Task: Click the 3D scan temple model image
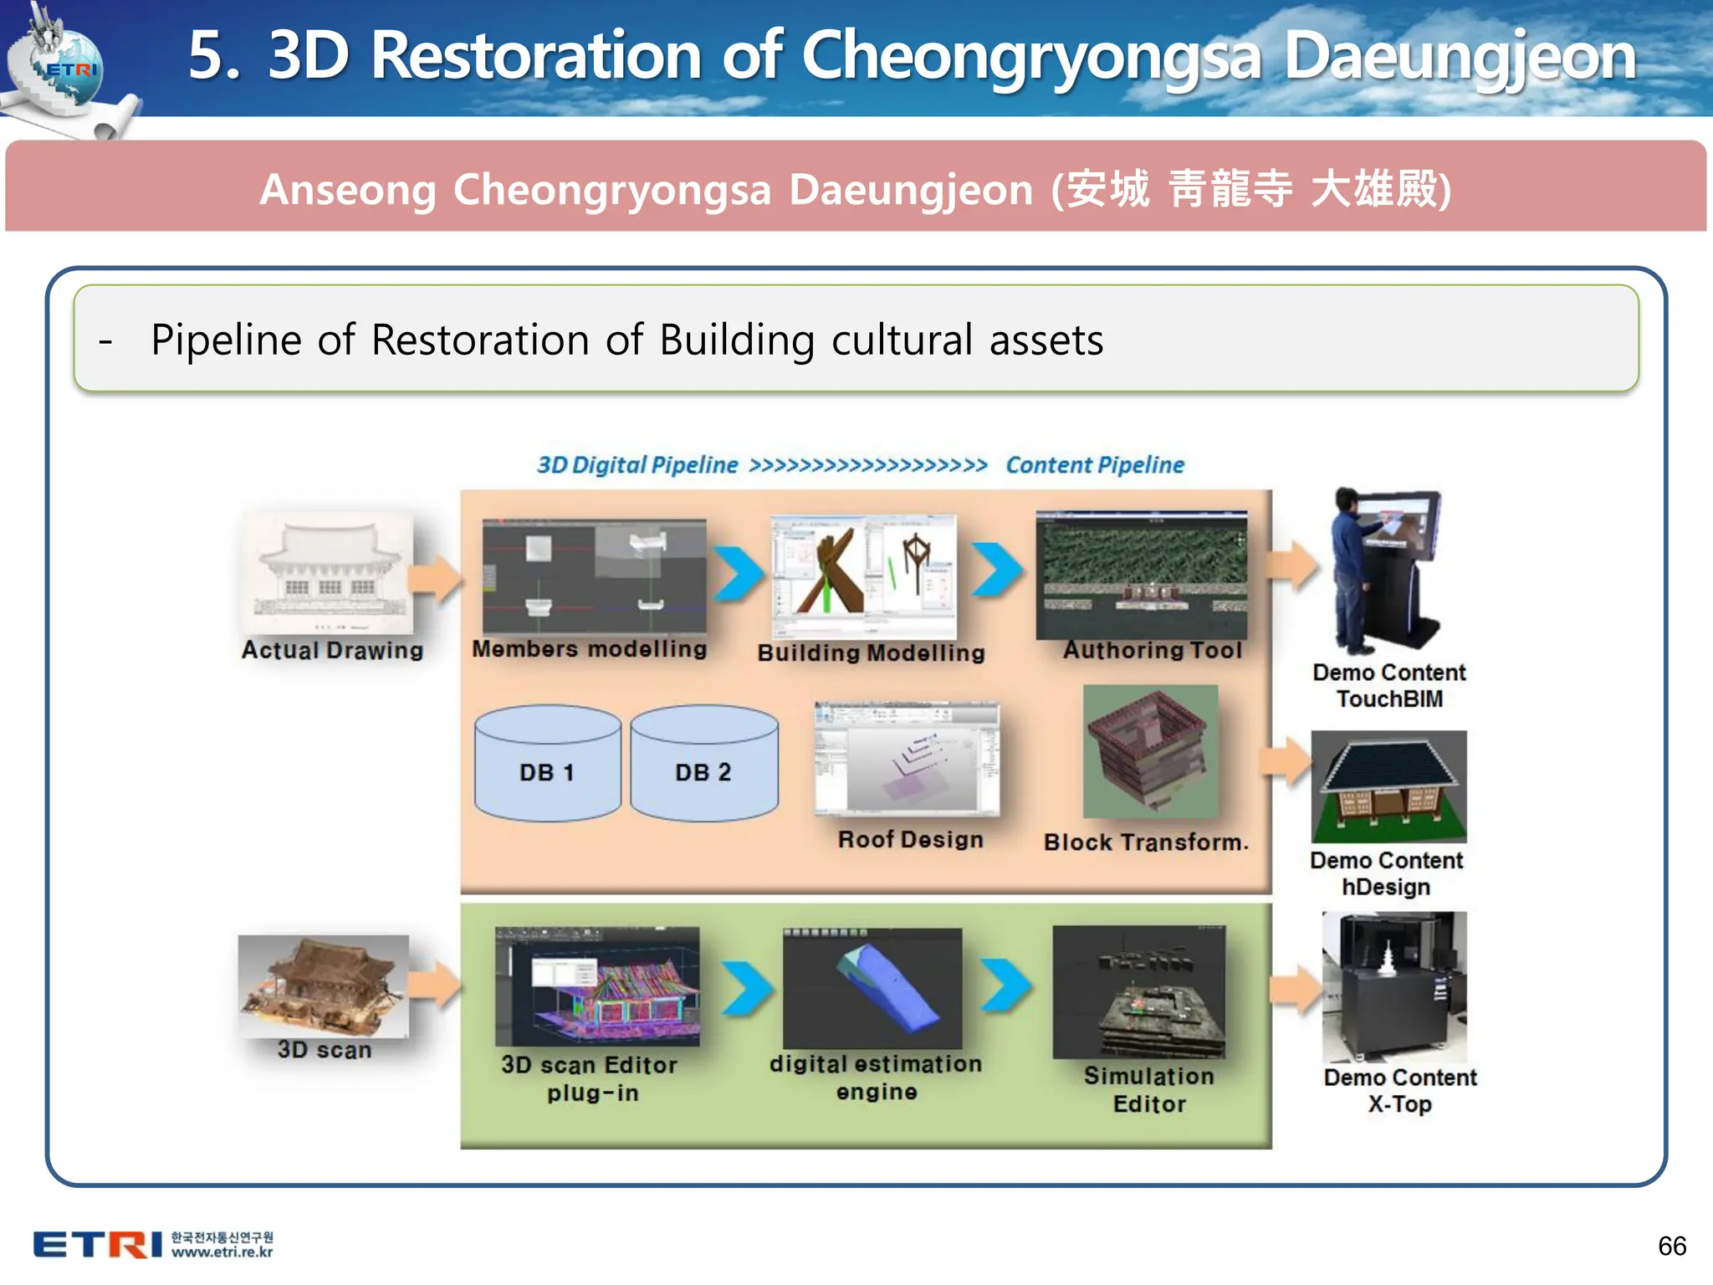coord(323,986)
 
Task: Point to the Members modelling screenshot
coord(594,576)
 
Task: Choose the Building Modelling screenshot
coord(862,576)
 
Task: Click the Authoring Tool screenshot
coord(1141,575)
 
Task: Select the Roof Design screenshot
coord(907,758)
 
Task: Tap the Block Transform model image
coord(1150,751)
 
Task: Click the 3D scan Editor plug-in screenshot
coord(597,986)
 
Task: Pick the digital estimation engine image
coord(872,987)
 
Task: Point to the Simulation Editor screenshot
coord(1138,991)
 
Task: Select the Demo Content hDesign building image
coord(1388,786)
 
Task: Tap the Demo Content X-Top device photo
coord(1393,987)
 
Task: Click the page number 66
coord(1671,1246)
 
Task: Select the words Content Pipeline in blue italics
coord(1094,465)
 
